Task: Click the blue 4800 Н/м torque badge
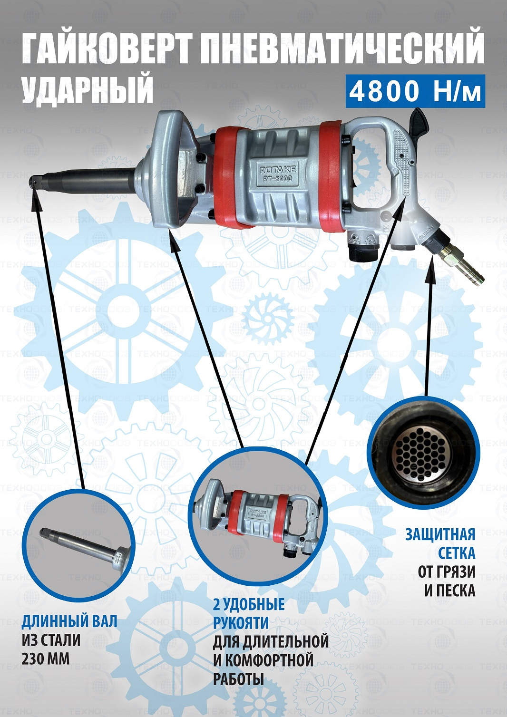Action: (415, 92)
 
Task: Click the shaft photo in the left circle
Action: (78, 547)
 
